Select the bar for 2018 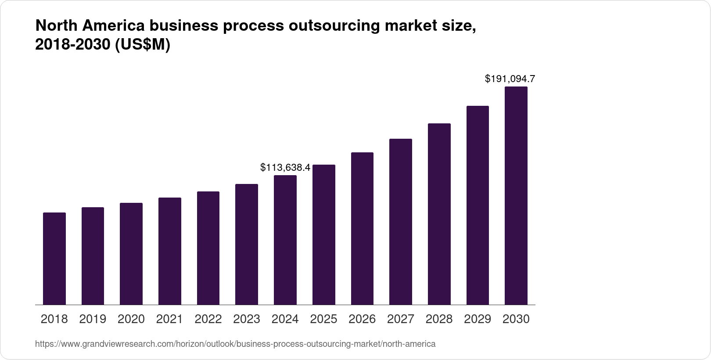54,259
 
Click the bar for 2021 170,251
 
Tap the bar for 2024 285,240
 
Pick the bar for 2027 400,222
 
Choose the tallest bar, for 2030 516,196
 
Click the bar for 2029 478,205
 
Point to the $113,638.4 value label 285,167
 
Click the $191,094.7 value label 510,79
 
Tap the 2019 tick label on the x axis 93,319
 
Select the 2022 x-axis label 208,319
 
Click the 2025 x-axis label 323,319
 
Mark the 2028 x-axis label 439,319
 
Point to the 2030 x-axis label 516,319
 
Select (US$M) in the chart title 142,45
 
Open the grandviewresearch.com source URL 235,344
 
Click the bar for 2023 247,245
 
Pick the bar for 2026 362,229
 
